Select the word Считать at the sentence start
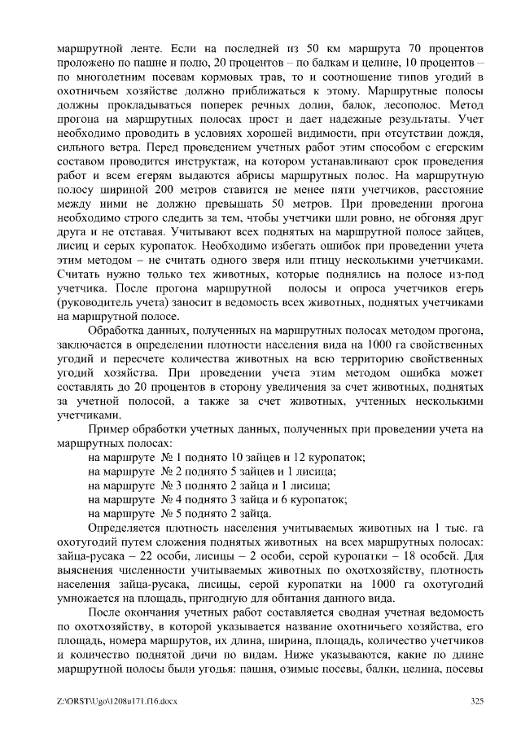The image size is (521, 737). [x=80, y=274]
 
